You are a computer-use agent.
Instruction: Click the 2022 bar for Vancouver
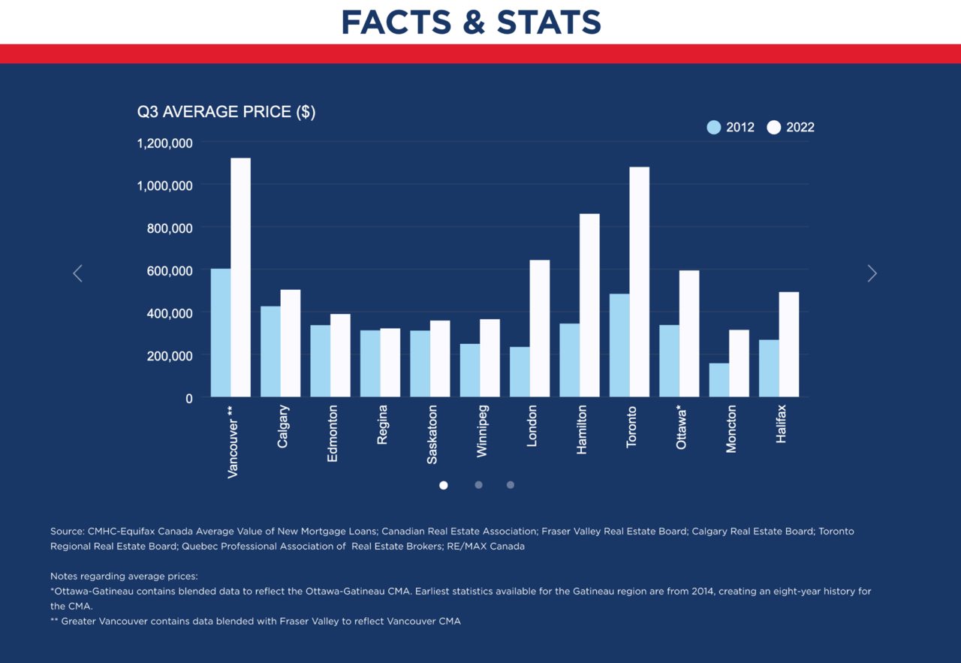click(x=240, y=278)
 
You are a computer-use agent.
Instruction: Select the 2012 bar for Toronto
click(x=619, y=345)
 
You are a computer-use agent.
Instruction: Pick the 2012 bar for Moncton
click(x=719, y=380)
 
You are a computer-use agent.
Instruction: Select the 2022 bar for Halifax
click(x=789, y=345)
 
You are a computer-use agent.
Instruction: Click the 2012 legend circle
click(x=714, y=128)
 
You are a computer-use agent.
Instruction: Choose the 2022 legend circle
click(x=774, y=128)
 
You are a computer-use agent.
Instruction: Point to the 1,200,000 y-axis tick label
click(x=165, y=143)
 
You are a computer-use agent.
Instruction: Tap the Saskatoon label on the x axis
click(x=432, y=435)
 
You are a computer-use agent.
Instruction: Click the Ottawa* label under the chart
click(x=681, y=427)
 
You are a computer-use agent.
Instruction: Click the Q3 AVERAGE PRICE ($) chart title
click(x=226, y=112)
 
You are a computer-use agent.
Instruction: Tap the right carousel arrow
click(x=872, y=273)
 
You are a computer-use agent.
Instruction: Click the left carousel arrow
click(x=77, y=273)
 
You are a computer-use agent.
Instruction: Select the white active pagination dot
click(x=444, y=485)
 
